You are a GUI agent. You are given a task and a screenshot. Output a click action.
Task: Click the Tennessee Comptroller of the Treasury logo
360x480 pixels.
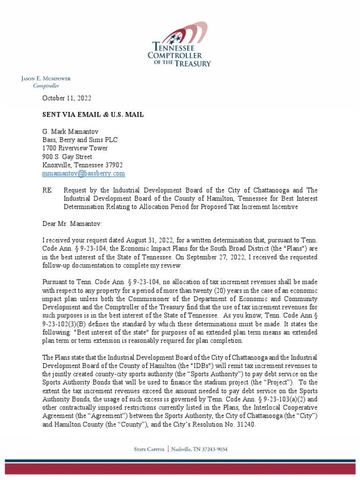click(180, 45)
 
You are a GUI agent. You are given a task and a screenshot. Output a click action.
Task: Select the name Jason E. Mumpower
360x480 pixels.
click(46, 79)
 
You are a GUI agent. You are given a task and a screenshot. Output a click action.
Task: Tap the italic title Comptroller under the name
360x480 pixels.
click(46, 86)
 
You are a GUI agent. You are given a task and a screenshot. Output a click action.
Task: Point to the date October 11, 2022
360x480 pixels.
click(67, 98)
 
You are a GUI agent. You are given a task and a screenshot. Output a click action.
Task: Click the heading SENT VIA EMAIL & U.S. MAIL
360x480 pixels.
click(93, 114)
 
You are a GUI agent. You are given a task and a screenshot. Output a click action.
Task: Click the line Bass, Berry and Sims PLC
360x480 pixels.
click(80, 140)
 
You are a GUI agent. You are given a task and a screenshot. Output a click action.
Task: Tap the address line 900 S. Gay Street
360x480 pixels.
click(67, 157)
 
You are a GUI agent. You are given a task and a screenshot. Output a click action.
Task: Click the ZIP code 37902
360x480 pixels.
click(114, 165)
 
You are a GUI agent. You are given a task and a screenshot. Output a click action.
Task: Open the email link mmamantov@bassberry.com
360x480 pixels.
click(83, 173)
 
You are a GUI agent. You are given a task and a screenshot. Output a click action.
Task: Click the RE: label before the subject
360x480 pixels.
click(48, 190)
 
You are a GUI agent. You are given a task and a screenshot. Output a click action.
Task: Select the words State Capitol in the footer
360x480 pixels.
click(149, 450)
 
